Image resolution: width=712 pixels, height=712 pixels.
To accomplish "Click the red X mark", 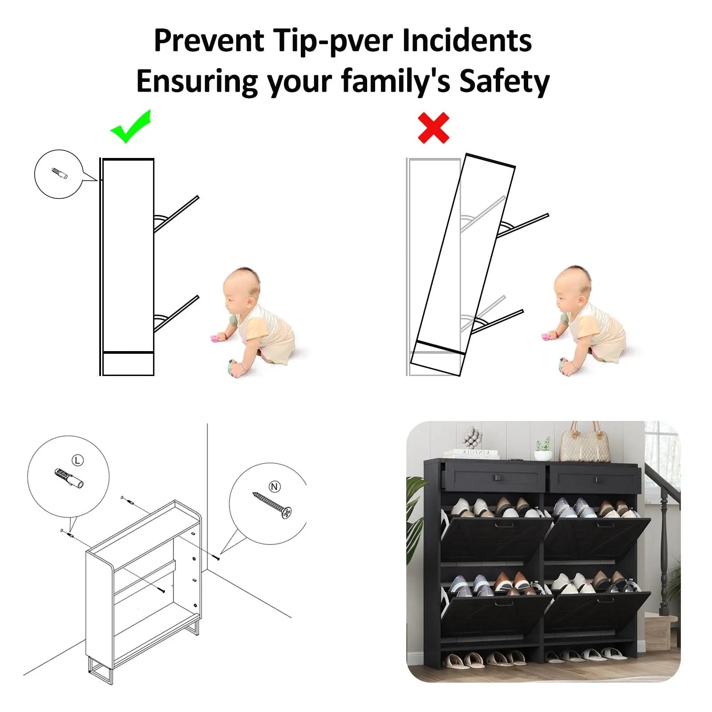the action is [433, 128].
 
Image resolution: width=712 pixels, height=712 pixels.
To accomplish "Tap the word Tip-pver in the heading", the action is [334, 41].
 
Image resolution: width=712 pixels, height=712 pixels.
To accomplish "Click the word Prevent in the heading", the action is [209, 41].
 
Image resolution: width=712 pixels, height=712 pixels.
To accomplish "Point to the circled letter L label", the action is [77, 460].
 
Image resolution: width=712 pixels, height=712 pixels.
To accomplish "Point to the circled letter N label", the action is [275, 486].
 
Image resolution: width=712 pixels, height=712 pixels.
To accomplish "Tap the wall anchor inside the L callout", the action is [69, 478].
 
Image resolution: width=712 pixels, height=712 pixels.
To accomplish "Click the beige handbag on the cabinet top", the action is [585, 442].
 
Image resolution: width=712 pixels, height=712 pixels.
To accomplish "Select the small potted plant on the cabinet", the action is [543, 449].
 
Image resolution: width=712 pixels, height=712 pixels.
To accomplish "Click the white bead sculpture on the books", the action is [472, 438].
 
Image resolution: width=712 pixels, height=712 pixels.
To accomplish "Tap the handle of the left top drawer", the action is [496, 478].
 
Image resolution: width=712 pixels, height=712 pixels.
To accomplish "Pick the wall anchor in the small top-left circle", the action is [59, 173].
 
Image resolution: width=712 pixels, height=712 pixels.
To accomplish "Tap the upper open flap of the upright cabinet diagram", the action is [177, 214].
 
